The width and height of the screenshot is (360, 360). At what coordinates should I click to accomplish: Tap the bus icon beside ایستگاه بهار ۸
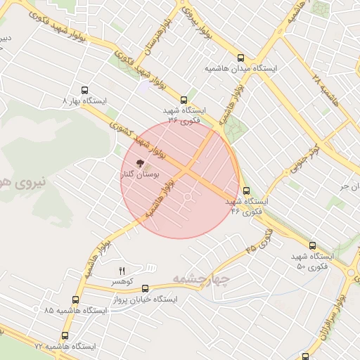pyautogui.click(x=85, y=91)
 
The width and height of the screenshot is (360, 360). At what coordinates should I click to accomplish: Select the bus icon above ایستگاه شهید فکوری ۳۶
pyautogui.click(x=184, y=100)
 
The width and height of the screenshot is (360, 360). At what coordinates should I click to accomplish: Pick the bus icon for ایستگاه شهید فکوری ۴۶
pyautogui.click(x=246, y=191)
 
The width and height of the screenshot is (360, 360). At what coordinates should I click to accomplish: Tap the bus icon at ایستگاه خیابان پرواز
pyautogui.click(x=146, y=288)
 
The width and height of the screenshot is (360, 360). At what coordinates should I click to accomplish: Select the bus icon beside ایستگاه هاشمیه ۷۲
pyautogui.click(x=65, y=336)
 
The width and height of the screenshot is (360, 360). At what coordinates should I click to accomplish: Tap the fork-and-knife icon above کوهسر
pyautogui.click(x=122, y=271)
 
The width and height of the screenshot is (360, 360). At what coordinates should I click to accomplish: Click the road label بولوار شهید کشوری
pyautogui.click(x=142, y=138)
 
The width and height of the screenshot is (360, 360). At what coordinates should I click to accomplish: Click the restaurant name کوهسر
pyautogui.click(x=122, y=281)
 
